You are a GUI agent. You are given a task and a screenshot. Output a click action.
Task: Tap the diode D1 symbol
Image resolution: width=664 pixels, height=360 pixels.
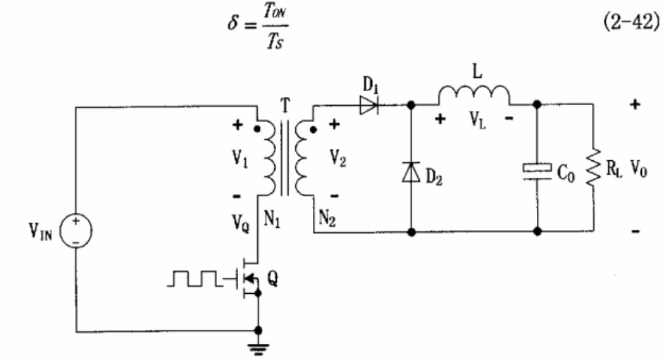[369, 105]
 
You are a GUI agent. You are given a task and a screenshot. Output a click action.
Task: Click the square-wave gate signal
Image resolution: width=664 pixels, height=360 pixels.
[195, 278]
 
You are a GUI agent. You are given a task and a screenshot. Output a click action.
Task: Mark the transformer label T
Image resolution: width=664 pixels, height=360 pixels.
[286, 105]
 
